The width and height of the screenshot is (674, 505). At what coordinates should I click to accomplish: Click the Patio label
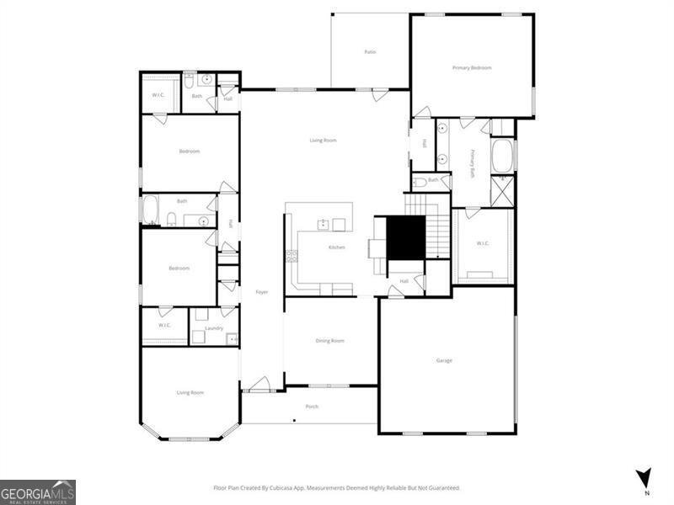(370, 52)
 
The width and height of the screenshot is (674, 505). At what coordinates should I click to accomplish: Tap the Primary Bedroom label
(472, 67)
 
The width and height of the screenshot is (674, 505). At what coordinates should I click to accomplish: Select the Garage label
(444, 360)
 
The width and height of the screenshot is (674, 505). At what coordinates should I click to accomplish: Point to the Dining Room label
(330, 341)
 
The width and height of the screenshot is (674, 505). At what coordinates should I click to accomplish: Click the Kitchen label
(336, 247)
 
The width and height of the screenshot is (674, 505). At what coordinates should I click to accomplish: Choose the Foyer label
(261, 292)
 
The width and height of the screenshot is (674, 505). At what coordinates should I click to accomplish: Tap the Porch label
(312, 407)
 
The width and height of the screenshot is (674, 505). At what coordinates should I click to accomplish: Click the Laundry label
(214, 327)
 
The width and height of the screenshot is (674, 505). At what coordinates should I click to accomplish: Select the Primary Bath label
(473, 162)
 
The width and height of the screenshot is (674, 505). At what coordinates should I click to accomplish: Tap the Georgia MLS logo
(38, 492)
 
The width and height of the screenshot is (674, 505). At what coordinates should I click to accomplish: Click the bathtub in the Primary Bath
(502, 155)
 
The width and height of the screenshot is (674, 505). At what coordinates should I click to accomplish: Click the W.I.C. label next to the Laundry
(164, 325)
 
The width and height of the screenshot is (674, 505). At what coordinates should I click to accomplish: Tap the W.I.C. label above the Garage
(483, 244)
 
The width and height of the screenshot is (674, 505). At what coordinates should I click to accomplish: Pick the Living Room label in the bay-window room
(190, 392)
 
